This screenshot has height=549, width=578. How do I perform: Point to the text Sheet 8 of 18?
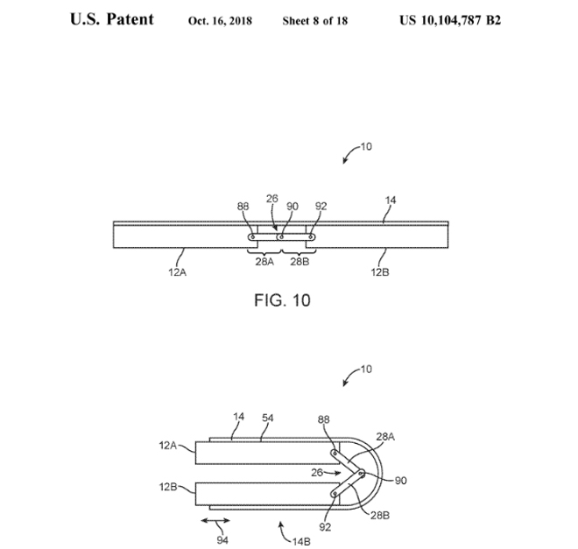pos(315,20)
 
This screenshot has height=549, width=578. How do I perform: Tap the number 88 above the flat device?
pos(244,207)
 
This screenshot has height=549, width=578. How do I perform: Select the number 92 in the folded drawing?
pos(327,529)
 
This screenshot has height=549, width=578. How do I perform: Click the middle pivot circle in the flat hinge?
pos(279,236)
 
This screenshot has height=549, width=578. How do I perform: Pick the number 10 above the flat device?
pos(365,147)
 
